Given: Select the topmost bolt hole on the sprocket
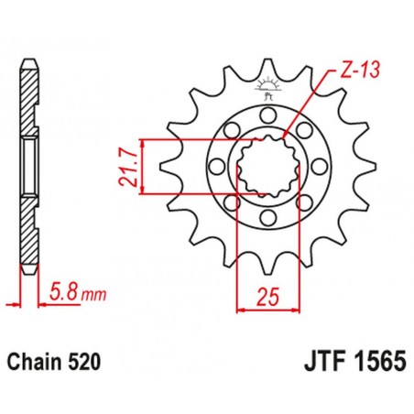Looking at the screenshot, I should tap(267, 114).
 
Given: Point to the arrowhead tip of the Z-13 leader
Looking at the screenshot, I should tap(286, 137).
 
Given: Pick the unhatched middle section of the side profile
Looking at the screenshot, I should tap(30, 167).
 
